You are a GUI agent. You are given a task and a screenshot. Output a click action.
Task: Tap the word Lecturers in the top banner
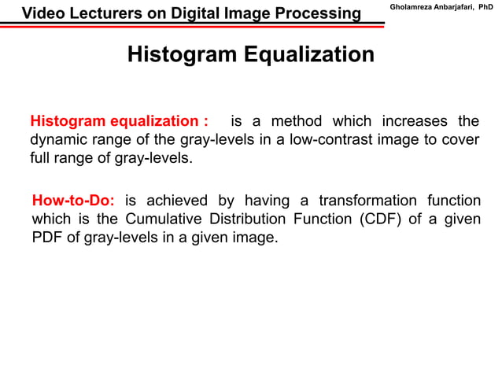coord(103,13)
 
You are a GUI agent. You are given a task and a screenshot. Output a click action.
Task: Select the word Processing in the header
coord(314,13)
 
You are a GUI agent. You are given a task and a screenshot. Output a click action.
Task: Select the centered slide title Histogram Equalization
coord(250,56)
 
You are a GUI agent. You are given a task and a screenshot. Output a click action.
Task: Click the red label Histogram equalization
coord(119,122)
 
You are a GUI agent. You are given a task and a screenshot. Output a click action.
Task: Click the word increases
coord(411,122)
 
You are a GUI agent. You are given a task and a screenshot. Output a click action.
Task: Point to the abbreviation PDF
coord(47,237)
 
